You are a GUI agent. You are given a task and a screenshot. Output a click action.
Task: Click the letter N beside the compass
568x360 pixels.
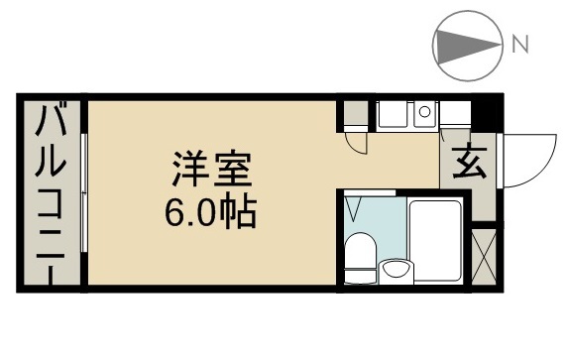pyautogui.click(x=520, y=44)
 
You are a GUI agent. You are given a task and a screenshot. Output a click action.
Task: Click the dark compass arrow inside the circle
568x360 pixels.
pyautogui.click(x=462, y=44)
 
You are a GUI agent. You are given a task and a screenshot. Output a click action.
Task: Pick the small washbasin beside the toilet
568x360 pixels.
pyautogui.click(x=398, y=268)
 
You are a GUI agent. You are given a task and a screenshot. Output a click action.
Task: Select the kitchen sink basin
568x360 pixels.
pyautogui.click(x=395, y=116)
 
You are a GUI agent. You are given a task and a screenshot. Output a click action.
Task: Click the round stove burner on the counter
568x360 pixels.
pyautogui.click(x=424, y=112)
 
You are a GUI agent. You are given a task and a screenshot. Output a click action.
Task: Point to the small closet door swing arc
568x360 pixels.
pyautogui.click(x=355, y=143)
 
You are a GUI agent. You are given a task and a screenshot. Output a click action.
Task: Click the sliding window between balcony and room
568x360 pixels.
pyautogui.click(x=85, y=193)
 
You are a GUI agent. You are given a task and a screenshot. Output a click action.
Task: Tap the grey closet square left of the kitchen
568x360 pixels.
pyautogui.click(x=352, y=114)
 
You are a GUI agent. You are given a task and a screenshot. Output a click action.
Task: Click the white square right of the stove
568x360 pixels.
pyautogui.click(x=454, y=118)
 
